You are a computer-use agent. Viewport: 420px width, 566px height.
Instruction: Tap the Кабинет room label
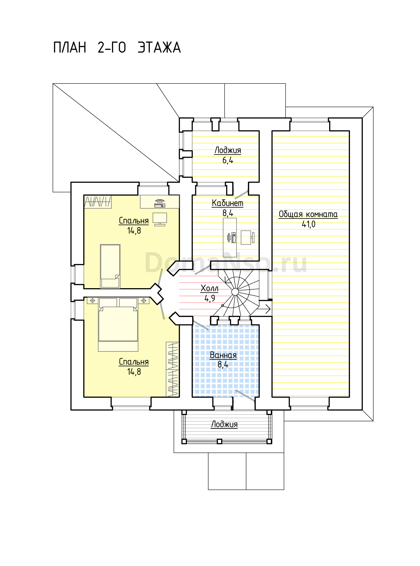click(x=227, y=203)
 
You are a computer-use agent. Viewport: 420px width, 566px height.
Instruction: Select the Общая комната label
click(x=308, y=214)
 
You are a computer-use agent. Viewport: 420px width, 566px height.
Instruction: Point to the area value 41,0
click(x=308, y=224)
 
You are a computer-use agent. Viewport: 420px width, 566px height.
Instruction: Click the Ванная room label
click(x=223, y=355)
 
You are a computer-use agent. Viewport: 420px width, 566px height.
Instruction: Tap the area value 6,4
click(x=228, y=160)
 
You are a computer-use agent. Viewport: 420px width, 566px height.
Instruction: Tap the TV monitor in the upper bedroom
click(x=160, y=219)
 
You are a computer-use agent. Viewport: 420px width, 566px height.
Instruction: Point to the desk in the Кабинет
click(x=230, y=237)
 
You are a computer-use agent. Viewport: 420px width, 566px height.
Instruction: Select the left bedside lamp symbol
click(x=93, y=301)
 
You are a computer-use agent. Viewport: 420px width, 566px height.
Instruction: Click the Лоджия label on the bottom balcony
click(x=224, y=424)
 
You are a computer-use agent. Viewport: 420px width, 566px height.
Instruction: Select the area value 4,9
click(x=210, y=298)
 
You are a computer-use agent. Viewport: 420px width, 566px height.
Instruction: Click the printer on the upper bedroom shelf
click(x=160, y=204)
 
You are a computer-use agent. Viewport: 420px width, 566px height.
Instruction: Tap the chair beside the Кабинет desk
click(x=247, y=238)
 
